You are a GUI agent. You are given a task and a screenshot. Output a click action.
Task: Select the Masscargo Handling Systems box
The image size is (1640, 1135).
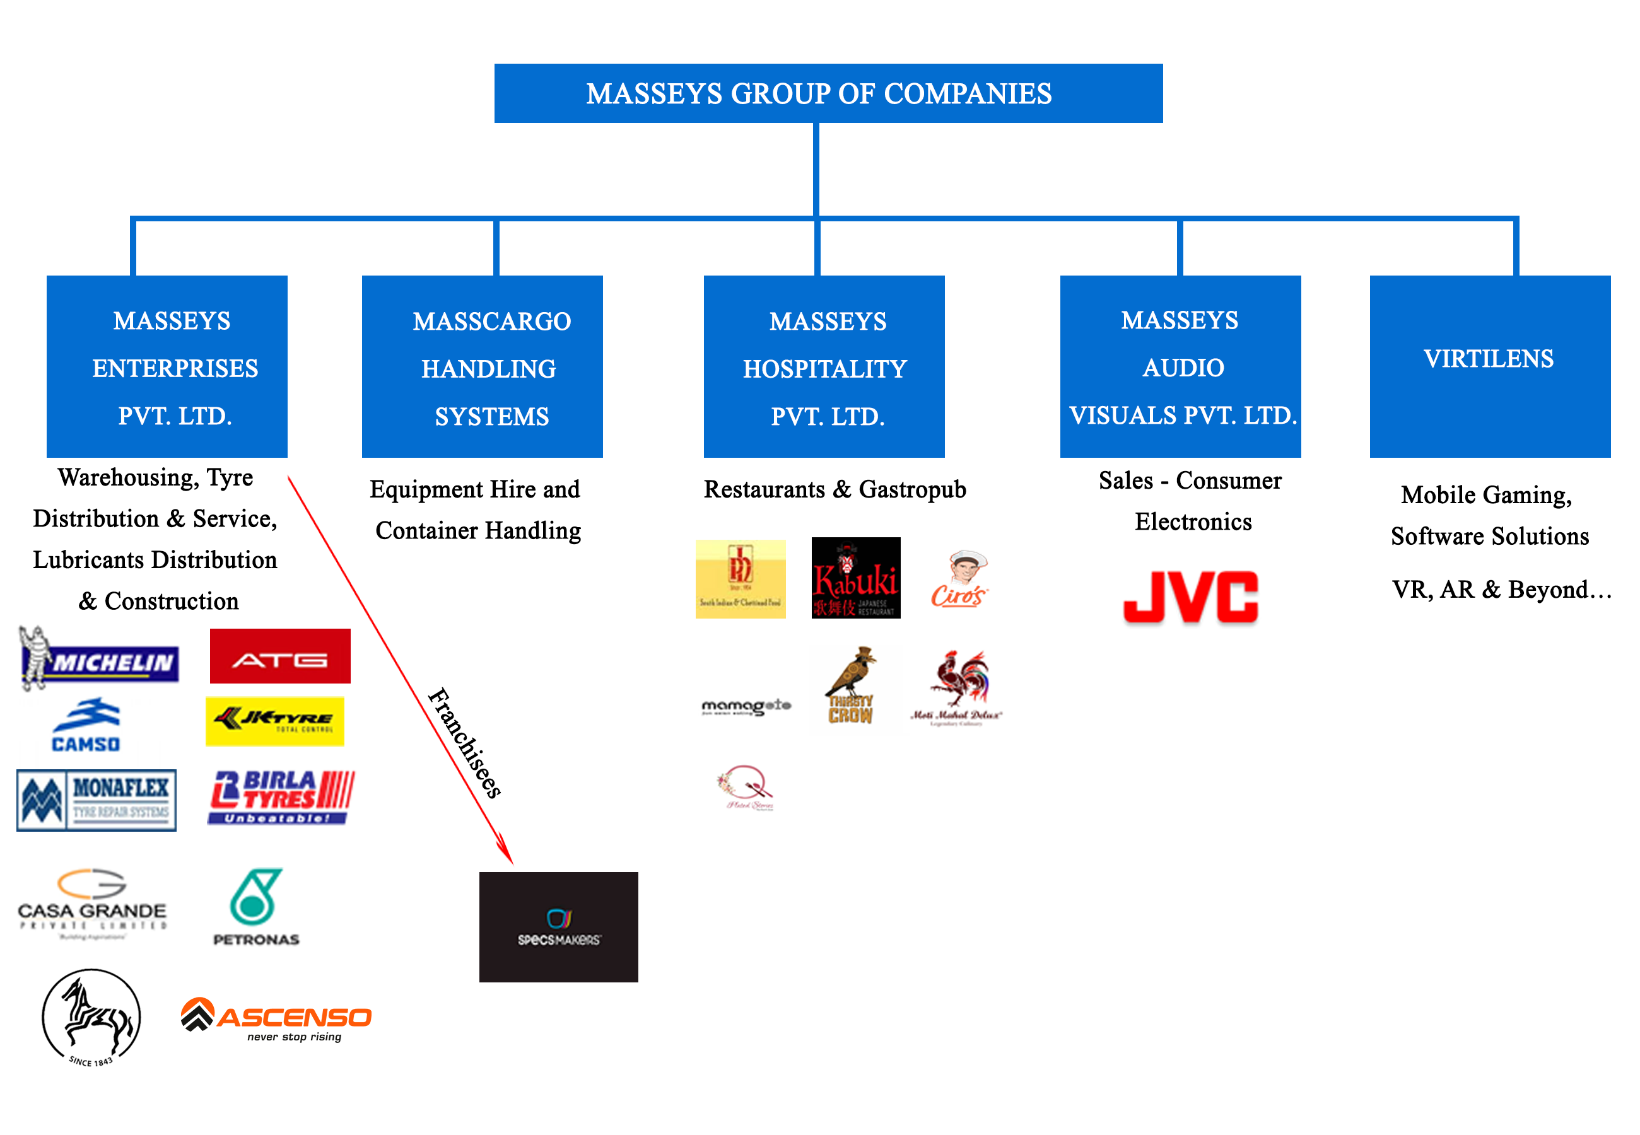tap(482, 366)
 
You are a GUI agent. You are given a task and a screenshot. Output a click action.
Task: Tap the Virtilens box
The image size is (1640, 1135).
tap(1489, 366)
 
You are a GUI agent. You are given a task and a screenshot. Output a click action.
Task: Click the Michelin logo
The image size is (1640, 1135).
tap(100, 661)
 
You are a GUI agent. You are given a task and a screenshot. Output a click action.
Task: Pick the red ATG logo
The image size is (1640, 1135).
tap(279, 656)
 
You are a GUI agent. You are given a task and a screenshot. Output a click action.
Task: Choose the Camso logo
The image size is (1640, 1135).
tap(86, 725)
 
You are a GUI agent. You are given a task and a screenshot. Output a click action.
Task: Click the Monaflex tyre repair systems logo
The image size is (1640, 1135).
tap(97, 800)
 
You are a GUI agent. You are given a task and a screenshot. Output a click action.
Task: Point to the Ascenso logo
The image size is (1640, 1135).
tap(278, 1019)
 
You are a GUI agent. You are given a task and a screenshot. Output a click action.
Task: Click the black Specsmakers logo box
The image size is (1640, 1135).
tap(558, 927)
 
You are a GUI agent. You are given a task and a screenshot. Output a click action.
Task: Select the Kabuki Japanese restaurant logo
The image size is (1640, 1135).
tap(855, 578)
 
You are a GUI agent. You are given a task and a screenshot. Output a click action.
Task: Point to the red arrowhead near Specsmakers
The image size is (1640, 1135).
tap(505, 850)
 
